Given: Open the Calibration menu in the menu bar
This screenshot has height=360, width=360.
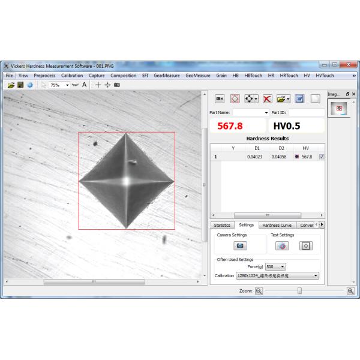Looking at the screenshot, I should pyautogui.click(x=72, y=76).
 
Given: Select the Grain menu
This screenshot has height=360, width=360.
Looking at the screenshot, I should pyautogui.click(x=221, y=76).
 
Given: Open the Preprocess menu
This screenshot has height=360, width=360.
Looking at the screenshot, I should pyautogui.click(x=44, y=76).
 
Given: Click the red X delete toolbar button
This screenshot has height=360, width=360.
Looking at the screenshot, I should pyautogui.click(x=268, y=98).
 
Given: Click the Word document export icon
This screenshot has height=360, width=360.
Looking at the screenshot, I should pyautogui.click(x=299, y=98).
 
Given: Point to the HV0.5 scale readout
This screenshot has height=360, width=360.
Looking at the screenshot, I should pyautogui.click(x=289, y=127).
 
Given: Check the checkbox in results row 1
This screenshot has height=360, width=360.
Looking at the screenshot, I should pyautogui.click(x=322, y=157).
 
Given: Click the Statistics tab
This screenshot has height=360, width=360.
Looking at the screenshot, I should pyautogui.click(x=221, y=225).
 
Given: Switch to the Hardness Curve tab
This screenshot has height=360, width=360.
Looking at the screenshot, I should pyautogui.click(x=277, y=225).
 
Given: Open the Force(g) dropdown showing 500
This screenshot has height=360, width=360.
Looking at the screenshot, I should pyautogui.click(x=275, y=266).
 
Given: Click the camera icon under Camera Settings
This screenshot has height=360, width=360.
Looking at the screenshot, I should pyautogui.click(x=241, y=246).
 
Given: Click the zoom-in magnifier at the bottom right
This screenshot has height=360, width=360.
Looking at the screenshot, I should pyautogui.click(x=350, y=290).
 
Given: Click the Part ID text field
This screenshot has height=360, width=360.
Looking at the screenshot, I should pyautogui.click(x=306, y=112).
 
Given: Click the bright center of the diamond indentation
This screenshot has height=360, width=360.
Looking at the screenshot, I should pyautogui.click(x=127, y=180).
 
